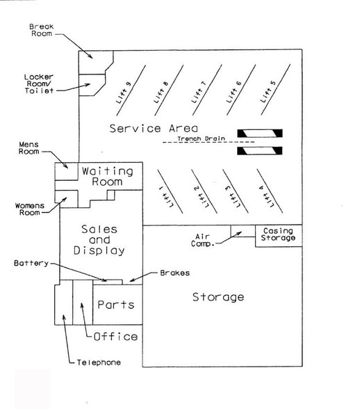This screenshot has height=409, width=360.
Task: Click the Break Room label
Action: (x=42, y=30)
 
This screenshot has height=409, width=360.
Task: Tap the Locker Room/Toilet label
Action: (x=39, y=83)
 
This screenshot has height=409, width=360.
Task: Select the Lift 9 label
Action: (x=123, y=93)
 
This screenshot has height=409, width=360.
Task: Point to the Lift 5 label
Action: (x=268, y=92)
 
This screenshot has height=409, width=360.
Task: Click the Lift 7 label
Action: (x=199, y=92)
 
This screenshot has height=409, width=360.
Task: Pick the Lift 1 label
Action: (x=165, y=196)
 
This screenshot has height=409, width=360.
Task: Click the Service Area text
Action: (x=154, y=128)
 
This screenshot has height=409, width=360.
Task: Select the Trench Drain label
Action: (x=201, y=138)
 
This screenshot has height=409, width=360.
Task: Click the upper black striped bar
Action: (x=260, y=134)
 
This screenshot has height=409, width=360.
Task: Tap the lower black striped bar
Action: (x=260, y=151)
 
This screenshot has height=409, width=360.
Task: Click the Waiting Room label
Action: (x=108, y=177)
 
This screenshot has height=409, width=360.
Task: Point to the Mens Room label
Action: (x=28, y=148)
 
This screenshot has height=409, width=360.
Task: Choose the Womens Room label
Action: (x=30, y=209)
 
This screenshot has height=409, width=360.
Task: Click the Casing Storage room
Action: (x=279, y=236)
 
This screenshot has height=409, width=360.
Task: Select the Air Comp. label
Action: (x=202, y=240)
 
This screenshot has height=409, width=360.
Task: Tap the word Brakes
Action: (x=175, y=273)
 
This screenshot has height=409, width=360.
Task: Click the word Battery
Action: (x=31, y=263)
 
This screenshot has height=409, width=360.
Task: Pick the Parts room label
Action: (x=116, y=305)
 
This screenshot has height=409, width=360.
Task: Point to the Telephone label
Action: (x=99, y=362)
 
